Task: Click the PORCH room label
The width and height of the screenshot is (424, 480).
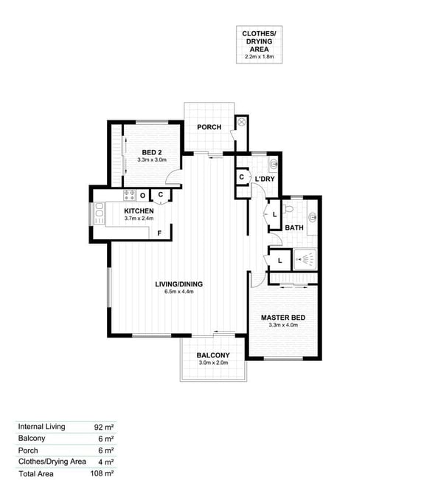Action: pyautogui.click(x=209, y=127)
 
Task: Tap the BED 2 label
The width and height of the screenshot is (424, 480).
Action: pyautogui.click(x=152, y=152)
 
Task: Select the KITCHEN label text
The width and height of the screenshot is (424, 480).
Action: pyautogui.click(x=139, y=211)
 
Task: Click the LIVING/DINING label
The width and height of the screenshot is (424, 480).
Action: pyautogui.click(x=179, y=284)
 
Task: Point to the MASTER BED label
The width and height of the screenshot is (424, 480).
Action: pyautogui.click(x=283, y=318)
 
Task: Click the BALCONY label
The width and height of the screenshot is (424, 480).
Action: pyautogui.click(x=213, y=355)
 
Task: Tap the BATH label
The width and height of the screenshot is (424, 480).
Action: pyautogui.click(x=294, y=227)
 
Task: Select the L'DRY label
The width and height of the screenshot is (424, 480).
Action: pyautogui.click(x=265, y=179)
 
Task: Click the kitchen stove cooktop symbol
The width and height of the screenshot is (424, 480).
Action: pyautogui.click(x=129, y=195)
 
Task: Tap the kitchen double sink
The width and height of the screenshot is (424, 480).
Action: pyautogui.click(x=100, y=213)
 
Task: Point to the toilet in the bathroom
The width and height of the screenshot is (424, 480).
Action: pyautogui.click(x=288, y=209)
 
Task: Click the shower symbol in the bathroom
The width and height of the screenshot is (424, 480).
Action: pyautogui.click(x=305, y=260)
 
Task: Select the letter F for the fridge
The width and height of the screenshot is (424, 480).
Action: pyautogui.click(x=159, y=233)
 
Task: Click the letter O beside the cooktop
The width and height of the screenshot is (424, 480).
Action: pyautogui.click(x=142, y=195)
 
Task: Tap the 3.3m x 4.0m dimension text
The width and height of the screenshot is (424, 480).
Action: pyautogui.click(x=283, y=325)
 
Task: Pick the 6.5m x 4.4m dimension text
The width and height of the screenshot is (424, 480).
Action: pyautogui.click(x=179, y=292)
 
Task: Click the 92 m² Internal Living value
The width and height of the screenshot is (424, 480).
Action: pyautogui.click(x=104, y=427)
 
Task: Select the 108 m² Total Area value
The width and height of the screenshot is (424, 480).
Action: pyautogui.click(x=102, y=473)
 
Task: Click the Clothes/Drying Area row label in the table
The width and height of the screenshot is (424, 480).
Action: pyautogui.click(x=52, y=462)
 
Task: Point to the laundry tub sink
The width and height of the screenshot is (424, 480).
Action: pyautogui.click(x=273, y=165)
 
